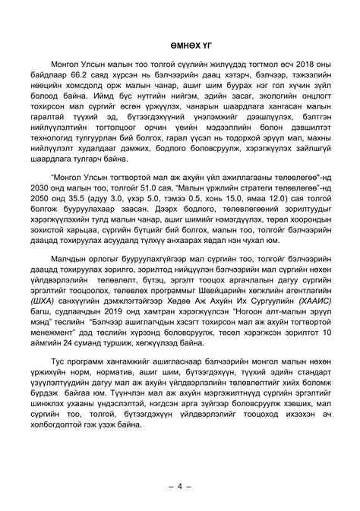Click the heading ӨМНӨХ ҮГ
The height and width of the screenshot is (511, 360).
pyautogui.click(x=180, y=46)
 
